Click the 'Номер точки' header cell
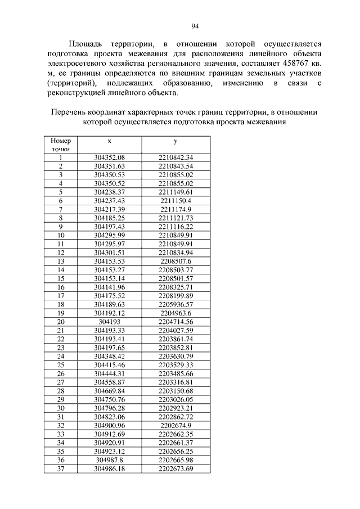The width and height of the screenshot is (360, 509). (x=61, y=145)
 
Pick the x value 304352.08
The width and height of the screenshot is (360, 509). (x=110, y=157)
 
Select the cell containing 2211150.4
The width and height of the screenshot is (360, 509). (x=175, y=200)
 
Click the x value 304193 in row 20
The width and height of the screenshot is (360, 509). (x=110, y=321)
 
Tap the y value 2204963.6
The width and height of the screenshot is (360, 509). (x=175, y=313)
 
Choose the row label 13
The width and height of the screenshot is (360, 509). (x=61, y=261)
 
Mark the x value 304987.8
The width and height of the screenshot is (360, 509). (x=110, y=460)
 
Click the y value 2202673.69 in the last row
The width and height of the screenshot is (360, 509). (x=175, y=469)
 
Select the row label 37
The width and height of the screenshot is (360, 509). (x=61, y=469)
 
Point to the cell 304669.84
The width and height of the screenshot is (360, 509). (x=110, y=390)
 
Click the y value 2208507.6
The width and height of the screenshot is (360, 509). (x=175, y=261)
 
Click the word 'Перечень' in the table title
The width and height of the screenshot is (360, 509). (x=70, y=111)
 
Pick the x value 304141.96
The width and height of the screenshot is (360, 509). (x=110, y=287)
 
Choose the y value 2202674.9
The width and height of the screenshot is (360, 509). (x=175, y=425)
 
